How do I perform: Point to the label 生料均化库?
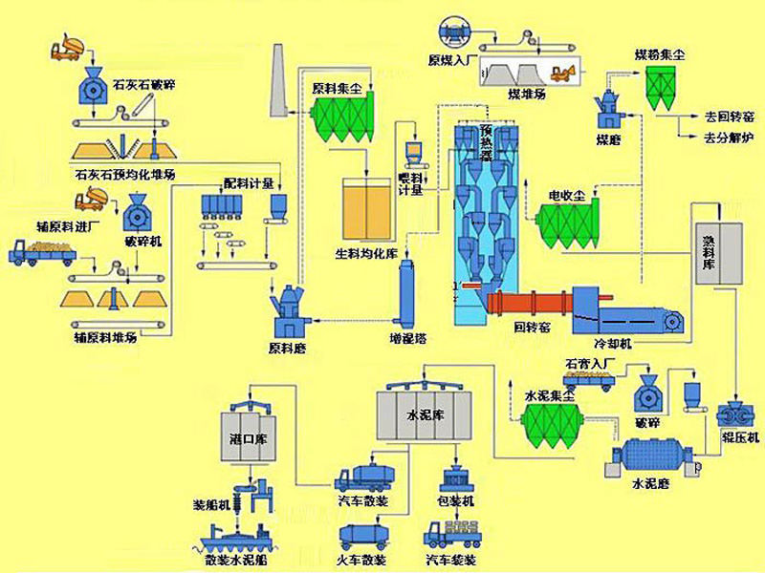tap(365, 253)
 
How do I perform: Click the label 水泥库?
tap(425, 416)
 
